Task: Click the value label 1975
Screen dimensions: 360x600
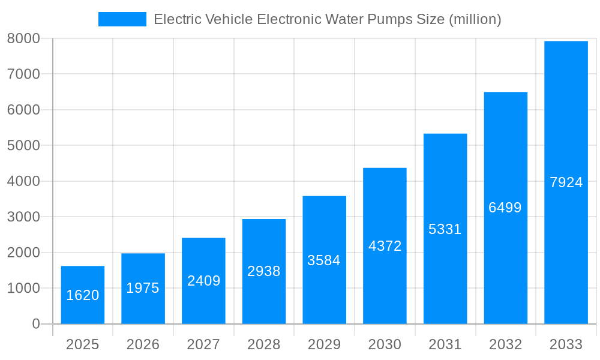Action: click(143, 288)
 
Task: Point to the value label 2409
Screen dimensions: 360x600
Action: click(203, 280)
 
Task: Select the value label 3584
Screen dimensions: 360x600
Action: click(324, 260)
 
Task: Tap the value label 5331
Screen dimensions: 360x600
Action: click(445, 229)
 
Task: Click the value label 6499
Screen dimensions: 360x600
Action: click(505, 208)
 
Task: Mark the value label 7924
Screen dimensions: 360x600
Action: click(566, 182)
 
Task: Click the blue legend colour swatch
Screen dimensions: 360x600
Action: click(122, 19)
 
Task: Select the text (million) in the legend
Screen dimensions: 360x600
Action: click(474, 19)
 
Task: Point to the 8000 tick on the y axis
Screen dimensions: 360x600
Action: click(23, 38)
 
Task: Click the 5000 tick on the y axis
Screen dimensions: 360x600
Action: click(23, 146)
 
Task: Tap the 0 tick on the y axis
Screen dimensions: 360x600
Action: click(35, 324)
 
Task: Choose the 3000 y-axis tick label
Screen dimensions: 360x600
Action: click(23, 217)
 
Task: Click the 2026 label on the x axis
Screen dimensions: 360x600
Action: click(143, 344)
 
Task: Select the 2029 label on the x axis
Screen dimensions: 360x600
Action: click(324, 344)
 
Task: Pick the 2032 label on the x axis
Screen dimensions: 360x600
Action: click(505, 344)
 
